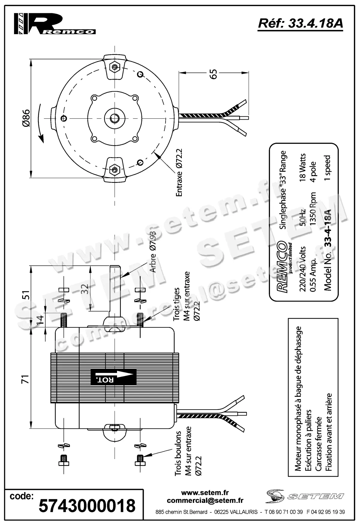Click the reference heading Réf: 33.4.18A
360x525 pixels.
tap(300, 24)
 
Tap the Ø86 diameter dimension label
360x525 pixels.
tap(26, 118)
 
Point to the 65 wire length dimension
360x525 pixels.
tap(213, 74)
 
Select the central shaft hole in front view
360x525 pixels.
tap(114, 118)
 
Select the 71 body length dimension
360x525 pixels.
tap(26, 379)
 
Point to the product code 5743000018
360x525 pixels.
tap(87, 506)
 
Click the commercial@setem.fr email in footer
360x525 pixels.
tap(205, 500)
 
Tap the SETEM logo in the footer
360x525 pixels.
tap(304, 496)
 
